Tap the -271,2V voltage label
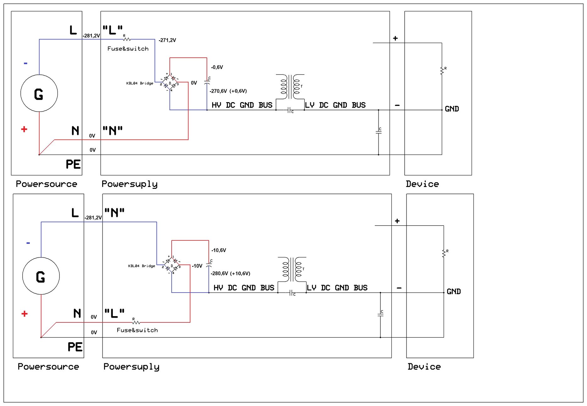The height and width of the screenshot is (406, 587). pyautogui.click(x=167, y=40)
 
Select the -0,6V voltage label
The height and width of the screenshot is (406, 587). pyautogui.click(x=217, y=67)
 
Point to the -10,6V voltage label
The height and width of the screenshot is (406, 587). pyautogui.click(x=219, y=250)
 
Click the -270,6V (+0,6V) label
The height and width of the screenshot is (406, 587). pyautogui.click(x=228, y=91)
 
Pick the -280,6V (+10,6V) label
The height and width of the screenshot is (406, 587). pyautogui.click(x=230, y=273)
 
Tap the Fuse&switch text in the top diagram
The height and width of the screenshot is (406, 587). pyautogui.click(x=128, y=49)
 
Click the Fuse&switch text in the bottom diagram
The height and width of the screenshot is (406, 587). pyautogui.click(x=137, y=330)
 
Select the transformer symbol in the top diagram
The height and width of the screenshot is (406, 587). pyautogui.click(x=290, y=87)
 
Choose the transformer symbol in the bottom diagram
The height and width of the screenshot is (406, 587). pyautogui.click(x=292, y=270)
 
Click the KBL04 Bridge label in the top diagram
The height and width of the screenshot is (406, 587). pyautogui.click(x=140, y=83)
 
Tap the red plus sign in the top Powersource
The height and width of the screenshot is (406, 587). pyautogui.click(x=24, y=129)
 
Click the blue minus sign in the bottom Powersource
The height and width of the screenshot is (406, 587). pyautogui.click(x=28, y=243)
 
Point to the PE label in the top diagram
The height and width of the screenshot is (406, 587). pyautogui.click(x=73, y=164)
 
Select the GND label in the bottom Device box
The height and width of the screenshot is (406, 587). pyautogui.click(x=454, y=292)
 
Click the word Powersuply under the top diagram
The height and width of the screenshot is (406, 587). pyautogui.click(x=130, y=184)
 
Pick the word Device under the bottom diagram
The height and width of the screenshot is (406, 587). pyautogui.click(x=424, y=367)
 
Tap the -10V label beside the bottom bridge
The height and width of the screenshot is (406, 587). pyautogui.click(x=197, y=266)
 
